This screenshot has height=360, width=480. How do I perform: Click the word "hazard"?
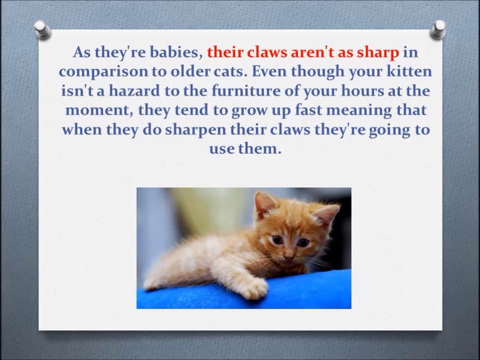(134, 90)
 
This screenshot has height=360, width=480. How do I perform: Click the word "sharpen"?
(195, 130)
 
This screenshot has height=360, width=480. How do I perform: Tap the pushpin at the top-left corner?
(42, 29)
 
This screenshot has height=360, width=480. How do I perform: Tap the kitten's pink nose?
(289, 255)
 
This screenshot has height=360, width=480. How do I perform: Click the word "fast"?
(309, 110)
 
